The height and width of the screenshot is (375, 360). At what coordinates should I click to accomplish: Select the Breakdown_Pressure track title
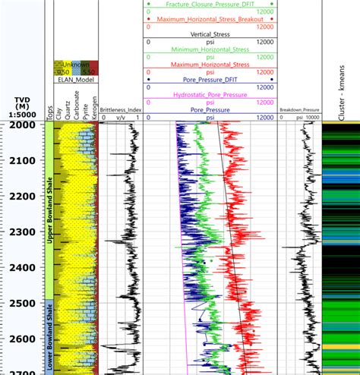click(x=298, y=111)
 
